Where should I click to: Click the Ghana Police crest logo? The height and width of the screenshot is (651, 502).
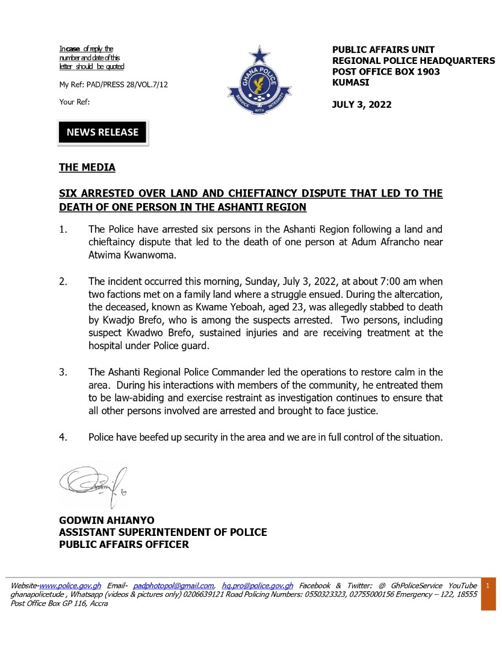click(259, 85)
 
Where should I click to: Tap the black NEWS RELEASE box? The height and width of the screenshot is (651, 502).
click(102, 133)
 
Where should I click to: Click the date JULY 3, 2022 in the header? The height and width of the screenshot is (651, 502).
click(362, 105)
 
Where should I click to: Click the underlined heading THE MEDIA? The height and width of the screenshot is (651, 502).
click(87, 167)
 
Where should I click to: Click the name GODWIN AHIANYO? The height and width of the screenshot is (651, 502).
click(106, 520)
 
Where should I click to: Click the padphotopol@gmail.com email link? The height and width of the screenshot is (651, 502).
click(173, 585)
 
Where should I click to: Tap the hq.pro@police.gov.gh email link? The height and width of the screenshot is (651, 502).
click(258, 585)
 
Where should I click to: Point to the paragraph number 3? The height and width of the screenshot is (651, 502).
click(63, 371)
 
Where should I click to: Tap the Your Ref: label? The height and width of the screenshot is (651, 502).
click(75, 102)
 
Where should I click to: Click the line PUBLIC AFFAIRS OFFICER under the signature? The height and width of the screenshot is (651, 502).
click(123, 545)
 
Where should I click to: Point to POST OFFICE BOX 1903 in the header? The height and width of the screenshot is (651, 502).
click(386, 72)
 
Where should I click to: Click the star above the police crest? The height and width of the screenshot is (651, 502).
click(259, 55)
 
